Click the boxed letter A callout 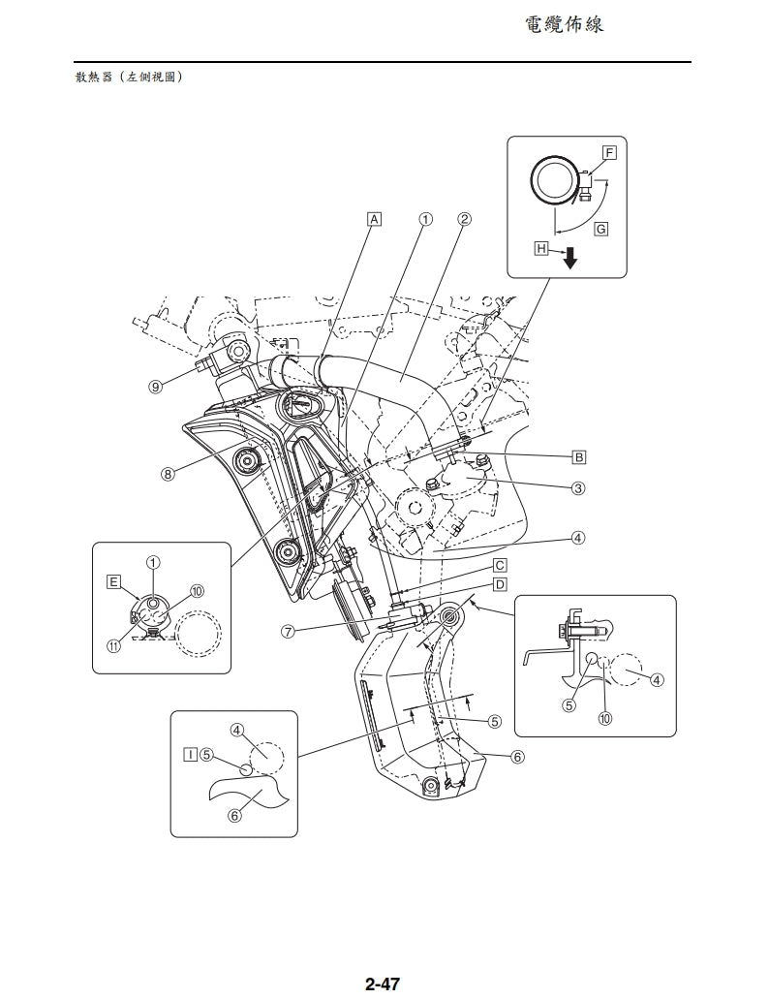click(374, 218)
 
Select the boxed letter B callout click(579, 455)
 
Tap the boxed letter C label click(500, 565)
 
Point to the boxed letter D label click(500, 583)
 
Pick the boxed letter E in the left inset click(114, 581)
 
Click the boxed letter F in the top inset click(609, 153)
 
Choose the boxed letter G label click(601, 229)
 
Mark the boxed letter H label click(541, 249)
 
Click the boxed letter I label click(191, 752)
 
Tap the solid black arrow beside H click(569, 258)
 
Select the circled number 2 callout click(464, 218)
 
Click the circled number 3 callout click(578, 488)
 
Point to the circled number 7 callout click(288, 631)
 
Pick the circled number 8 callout click(169, 475)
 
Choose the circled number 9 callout click(155, 387)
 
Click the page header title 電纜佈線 click(564, 24)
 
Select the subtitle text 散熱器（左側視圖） click(130, 77)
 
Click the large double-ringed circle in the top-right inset click(554, 181)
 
